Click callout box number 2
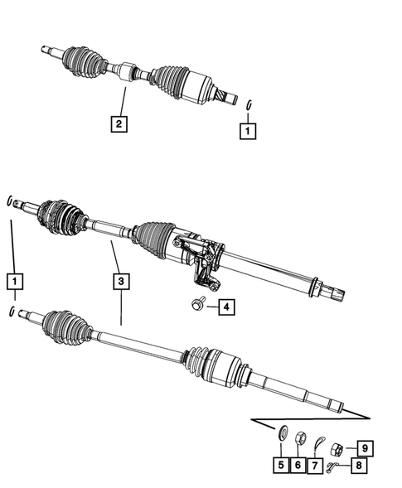120,124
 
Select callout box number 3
121,281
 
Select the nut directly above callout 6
302,438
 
